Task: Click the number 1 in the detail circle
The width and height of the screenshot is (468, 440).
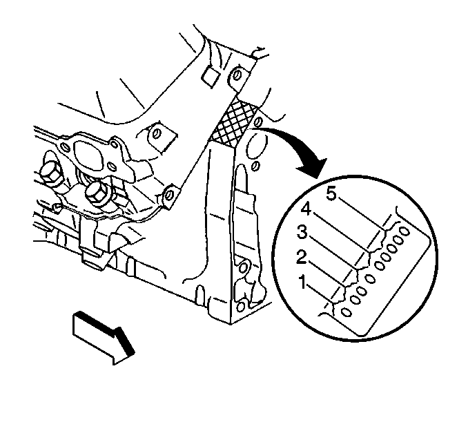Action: coord(302,283)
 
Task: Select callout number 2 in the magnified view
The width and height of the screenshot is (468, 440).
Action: coord(302,257)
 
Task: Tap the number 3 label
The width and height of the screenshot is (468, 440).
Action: coord(302,232)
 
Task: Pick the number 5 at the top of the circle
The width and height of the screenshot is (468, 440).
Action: coord(331,193)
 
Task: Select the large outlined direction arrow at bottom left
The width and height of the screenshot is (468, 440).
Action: coord(103,337)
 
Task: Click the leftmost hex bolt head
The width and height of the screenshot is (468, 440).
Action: coord(51,173)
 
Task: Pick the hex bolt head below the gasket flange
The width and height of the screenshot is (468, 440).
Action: coord(97,193)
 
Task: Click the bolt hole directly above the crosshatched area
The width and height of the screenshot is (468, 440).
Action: coord(236,75)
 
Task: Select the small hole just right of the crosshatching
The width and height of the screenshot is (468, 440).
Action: coord(258,122)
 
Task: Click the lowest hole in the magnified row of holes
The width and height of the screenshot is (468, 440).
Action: coord(346,312)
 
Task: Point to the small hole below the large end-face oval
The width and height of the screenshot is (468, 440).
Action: coord(256,166)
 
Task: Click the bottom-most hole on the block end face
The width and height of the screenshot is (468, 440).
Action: coord(241,306)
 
